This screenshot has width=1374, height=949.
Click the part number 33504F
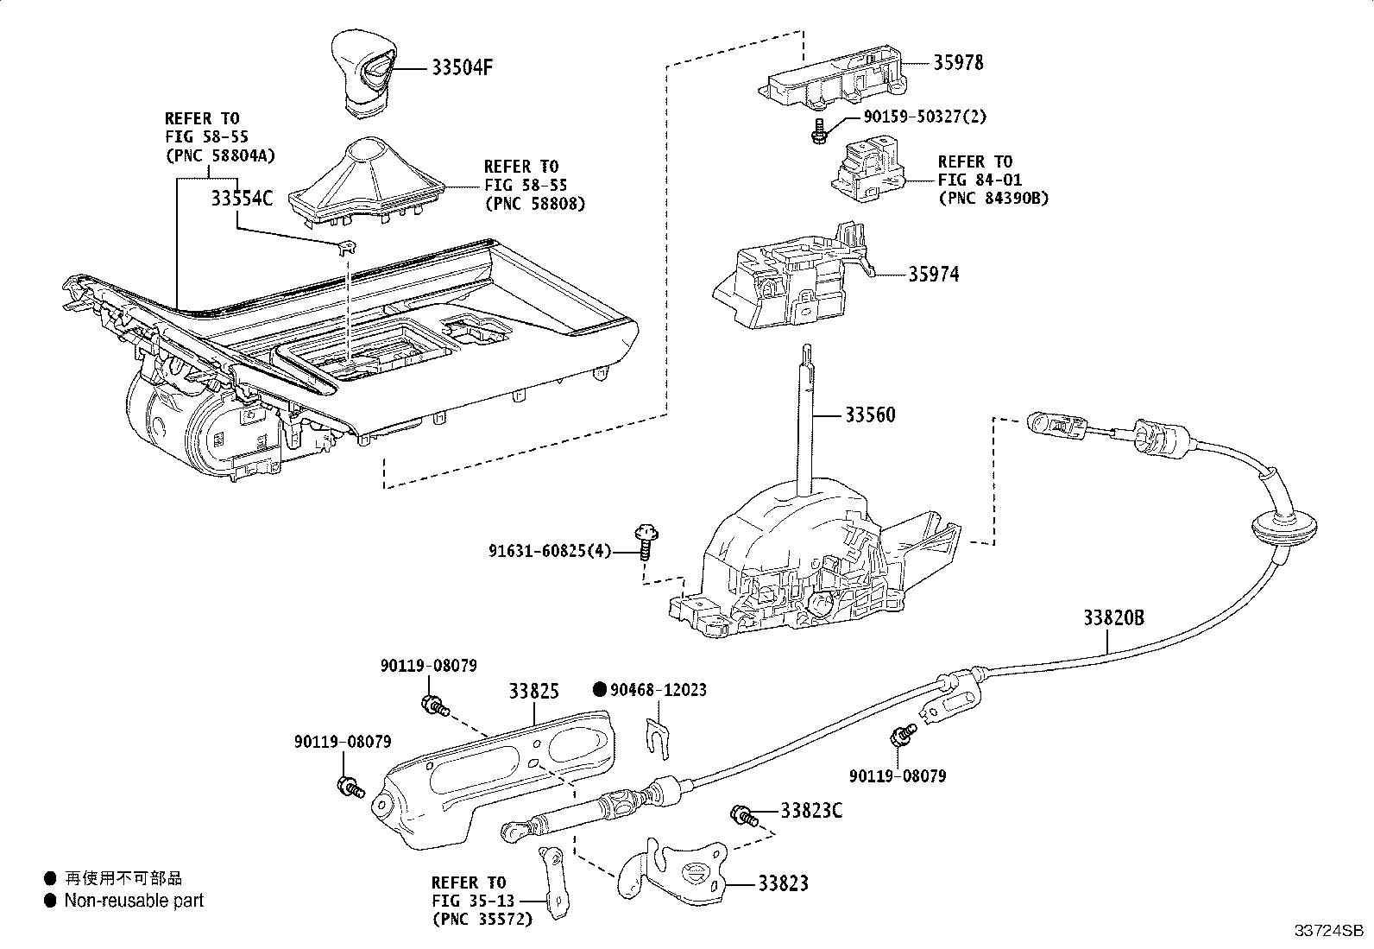[461, 67]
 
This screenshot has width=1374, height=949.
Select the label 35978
[957, 62]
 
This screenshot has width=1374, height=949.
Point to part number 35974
[933, 275]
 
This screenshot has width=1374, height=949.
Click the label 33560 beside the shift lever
[869, 415]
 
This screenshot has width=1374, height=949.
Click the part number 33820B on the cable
[1113, 618]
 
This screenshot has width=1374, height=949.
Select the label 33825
[533, 692]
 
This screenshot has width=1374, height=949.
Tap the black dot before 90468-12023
[599, 689]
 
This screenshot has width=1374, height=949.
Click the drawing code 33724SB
[1327, 931]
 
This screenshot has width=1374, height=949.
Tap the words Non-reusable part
[134, 901]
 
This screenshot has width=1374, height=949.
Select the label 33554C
[241, 199]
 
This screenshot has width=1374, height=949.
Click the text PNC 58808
[534, 204]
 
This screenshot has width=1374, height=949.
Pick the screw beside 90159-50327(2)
[816, 130]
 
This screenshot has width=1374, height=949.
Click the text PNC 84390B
[993, 198]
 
